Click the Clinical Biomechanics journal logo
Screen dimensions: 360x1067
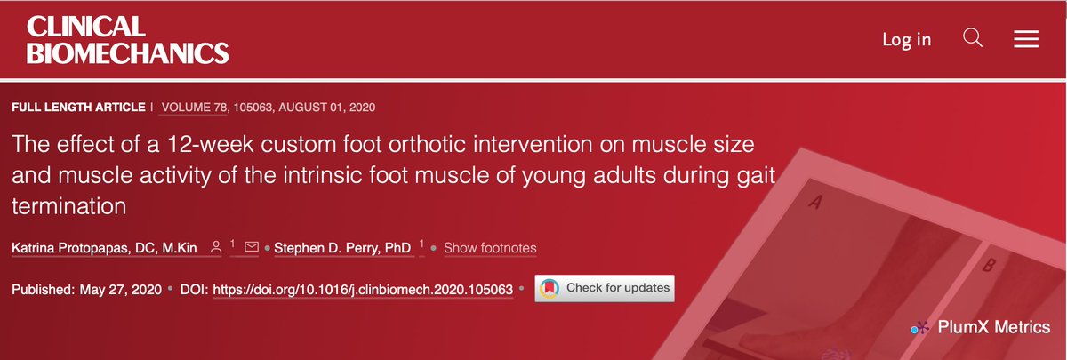click(x=128, y=41)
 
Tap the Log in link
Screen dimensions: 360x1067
click(x=906, y=39)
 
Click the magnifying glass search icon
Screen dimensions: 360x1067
click(x=973, y=38)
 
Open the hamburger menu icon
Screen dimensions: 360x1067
click(x=1026, y=39)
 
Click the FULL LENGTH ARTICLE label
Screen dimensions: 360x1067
click(x=78, y=108)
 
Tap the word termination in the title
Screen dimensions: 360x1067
click(x=68, y=205)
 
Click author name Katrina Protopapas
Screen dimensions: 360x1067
click(x=105, y=247)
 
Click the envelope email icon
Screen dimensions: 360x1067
click(x=252, y=247)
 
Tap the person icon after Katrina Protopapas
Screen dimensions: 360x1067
click(x=215, y=247)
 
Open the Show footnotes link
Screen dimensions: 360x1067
click(x=490, y=247)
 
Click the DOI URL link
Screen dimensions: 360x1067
click(x=364, y=289)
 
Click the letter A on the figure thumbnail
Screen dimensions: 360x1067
click(x=814, y=204)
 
